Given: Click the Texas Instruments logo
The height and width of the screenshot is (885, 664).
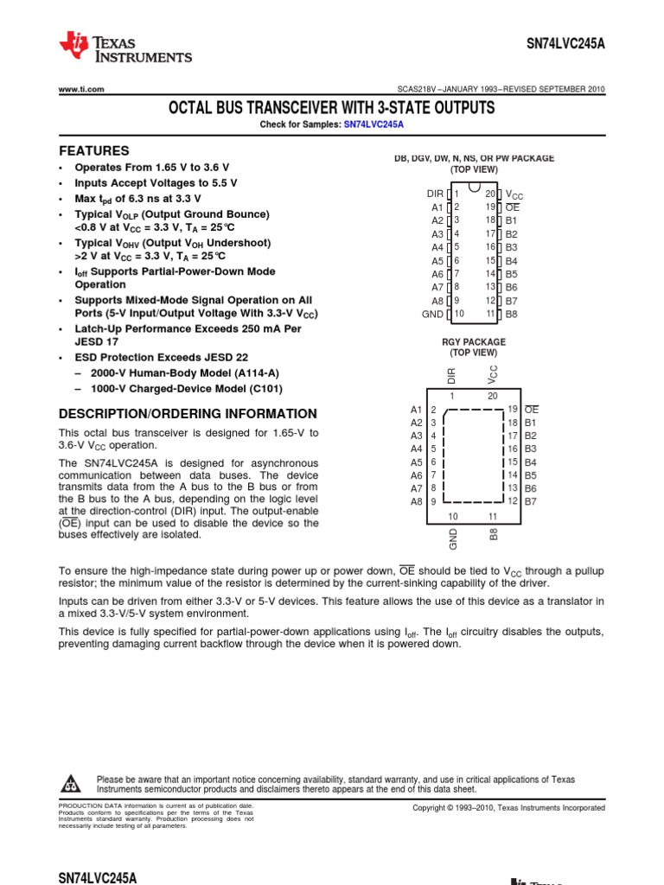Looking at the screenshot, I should click(124, 48).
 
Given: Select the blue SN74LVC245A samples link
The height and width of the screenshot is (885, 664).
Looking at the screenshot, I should click(373, 124).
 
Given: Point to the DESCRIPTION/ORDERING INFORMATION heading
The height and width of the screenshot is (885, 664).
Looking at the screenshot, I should click(187, 414).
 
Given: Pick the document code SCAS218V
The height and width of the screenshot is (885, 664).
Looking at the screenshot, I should click(413, 90).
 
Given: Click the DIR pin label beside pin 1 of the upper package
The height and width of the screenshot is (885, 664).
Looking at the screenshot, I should click(434, 194).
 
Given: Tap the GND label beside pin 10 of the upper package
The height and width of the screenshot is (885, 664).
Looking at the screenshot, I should click(432, 314).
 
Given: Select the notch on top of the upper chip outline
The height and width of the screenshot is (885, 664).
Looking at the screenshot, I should click(474, 187).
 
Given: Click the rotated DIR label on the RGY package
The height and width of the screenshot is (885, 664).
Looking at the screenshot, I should click(450, 374).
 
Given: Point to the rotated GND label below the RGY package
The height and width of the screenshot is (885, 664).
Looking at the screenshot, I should click(452, 538).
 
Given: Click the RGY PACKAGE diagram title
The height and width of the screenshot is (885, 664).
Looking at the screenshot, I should click(473, 342).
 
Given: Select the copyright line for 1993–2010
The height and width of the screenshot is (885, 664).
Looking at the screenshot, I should click(508, 807).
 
